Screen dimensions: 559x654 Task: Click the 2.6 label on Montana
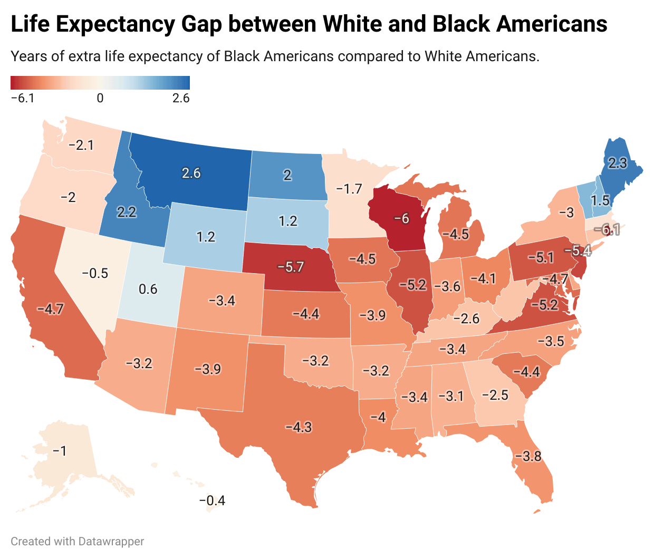191,173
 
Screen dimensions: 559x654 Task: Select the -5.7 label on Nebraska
291,267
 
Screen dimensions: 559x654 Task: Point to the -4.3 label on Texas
299,427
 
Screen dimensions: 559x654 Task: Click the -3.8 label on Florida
528,456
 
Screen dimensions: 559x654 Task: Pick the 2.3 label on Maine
618,163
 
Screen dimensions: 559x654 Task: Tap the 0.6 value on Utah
148,289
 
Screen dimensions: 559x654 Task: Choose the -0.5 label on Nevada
95,273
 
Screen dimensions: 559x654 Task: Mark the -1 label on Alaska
60,451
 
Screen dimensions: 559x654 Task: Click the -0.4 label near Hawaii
212,500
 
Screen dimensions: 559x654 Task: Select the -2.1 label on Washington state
81,145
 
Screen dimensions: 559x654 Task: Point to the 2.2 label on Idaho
127,212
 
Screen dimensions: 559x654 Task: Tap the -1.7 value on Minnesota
349,188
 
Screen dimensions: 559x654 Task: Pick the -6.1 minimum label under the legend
23,98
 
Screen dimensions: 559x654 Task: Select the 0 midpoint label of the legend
100,98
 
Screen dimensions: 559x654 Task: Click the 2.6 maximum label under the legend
181,98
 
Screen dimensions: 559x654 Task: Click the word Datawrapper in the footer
111,541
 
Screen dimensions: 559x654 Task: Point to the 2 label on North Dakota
287,175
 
